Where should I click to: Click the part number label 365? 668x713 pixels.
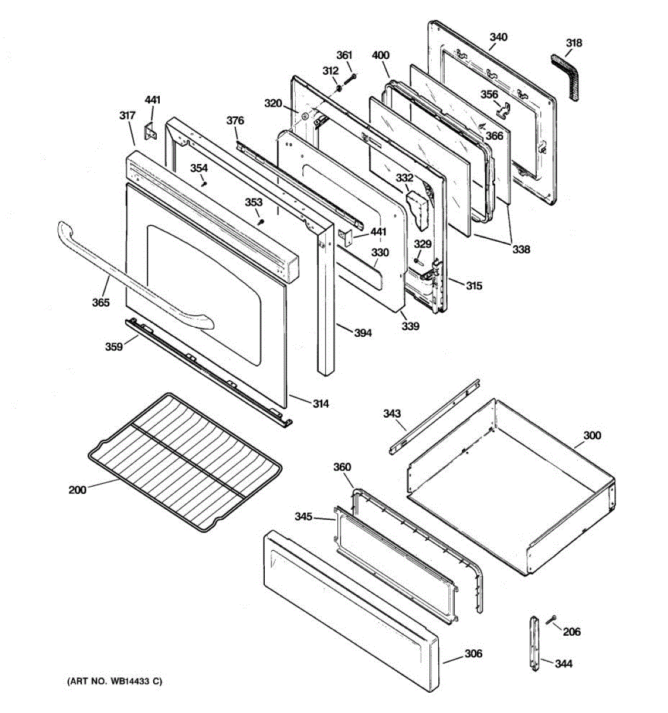pos(100,302)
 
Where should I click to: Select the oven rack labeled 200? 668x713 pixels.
pos(178,463)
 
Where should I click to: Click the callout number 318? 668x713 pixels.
pos(574,43)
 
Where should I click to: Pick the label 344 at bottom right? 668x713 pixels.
pos(563,663)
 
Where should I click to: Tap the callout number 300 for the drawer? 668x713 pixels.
pos(591,436)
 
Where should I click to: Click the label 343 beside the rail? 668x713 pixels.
pos(391,413)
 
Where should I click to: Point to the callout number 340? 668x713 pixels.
pos(498,37)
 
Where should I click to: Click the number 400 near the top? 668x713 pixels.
pos(381,55)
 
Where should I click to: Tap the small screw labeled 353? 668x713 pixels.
pos(260,221)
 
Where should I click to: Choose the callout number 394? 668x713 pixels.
pos(363,333)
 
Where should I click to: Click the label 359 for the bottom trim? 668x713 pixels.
pos(114,346)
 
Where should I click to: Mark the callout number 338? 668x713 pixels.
pos(521,250)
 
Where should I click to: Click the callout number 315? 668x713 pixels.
pos(474,286)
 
